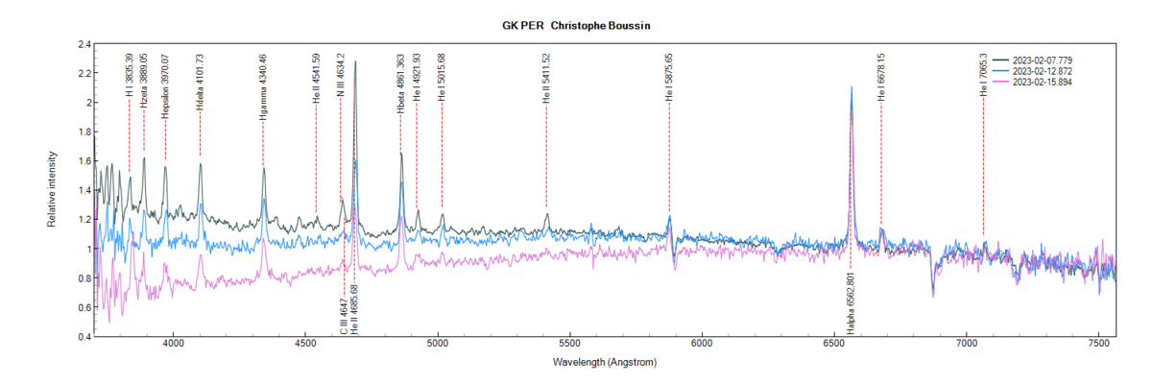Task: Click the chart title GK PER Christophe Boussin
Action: (x=576, y=24)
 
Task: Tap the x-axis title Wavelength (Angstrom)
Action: (x=605, y=364)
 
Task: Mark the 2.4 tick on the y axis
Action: (x=84, y=44)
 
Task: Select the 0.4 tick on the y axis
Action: (x=84, y=337)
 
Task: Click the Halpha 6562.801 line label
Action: (x=851, y=304)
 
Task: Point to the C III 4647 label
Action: (x=344, y=316)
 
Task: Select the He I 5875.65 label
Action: (x=669, y=77)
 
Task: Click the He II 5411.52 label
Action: (x=546, y=77)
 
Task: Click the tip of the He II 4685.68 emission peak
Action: (x=356, y=61)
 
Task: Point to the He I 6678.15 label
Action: (x=881, y=77)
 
